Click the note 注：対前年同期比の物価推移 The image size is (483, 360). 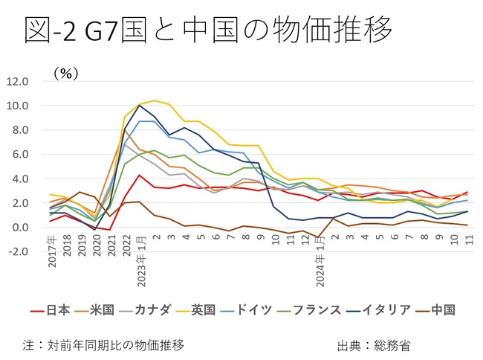pos(103,345)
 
